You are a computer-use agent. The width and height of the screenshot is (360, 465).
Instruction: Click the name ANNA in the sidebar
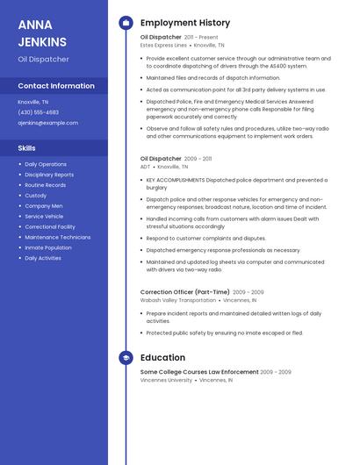click(x=35, y=25)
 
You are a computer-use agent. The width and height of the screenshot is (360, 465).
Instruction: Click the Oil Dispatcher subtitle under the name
click(x=43, y=60)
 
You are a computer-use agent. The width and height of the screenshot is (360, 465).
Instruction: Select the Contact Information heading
click(x=56, y=86)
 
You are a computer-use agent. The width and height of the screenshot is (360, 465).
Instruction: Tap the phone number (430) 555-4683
click(x=39, y=112)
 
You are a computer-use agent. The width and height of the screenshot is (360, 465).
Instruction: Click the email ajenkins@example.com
click(x=47, y=123)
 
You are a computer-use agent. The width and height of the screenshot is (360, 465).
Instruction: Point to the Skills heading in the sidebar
click(x=27, y=148)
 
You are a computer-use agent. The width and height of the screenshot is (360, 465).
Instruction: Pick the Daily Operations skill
click(x=46, y=164)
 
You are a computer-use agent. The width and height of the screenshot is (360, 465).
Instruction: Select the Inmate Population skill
click(x=48, y=247)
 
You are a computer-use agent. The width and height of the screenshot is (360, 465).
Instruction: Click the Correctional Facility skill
click(x=50, y=226)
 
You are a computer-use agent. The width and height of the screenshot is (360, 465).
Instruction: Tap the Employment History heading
click(x=185, y=23)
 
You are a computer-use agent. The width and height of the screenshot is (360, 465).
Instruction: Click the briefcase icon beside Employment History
click(x=126, y=23)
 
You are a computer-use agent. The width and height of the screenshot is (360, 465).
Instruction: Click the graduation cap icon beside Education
click(x=126, y=358)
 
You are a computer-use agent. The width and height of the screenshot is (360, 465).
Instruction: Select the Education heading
click(x=162, y=358)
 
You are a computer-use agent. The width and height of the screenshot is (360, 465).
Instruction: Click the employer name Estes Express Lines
click(x=163, y=45)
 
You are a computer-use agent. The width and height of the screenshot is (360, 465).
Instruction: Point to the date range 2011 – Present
click(x=201, y=38)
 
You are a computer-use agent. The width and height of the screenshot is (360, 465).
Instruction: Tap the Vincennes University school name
click(x=166, y=380)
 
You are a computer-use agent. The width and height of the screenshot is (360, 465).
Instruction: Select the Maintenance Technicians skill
click(x=58, y=237)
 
